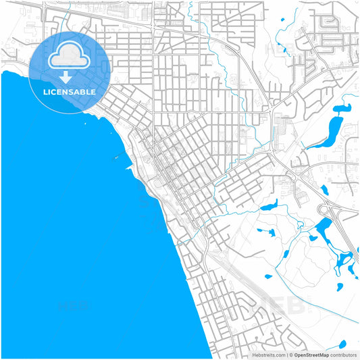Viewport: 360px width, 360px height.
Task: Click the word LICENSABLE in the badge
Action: [x=70, y=92]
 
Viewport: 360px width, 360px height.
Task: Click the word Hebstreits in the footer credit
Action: [x=264, y=355]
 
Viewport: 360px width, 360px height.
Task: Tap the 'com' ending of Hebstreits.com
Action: [x=280, y=355]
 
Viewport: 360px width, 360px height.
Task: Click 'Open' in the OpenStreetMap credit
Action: [x=301, y=355]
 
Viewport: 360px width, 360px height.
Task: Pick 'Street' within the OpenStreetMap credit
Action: [x=313, y=355]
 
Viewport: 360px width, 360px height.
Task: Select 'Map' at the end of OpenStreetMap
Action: [x=325, y=355]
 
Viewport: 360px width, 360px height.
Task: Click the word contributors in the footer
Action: [x=344, y=355]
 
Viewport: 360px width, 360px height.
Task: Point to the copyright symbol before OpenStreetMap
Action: [x=291, y=355]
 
